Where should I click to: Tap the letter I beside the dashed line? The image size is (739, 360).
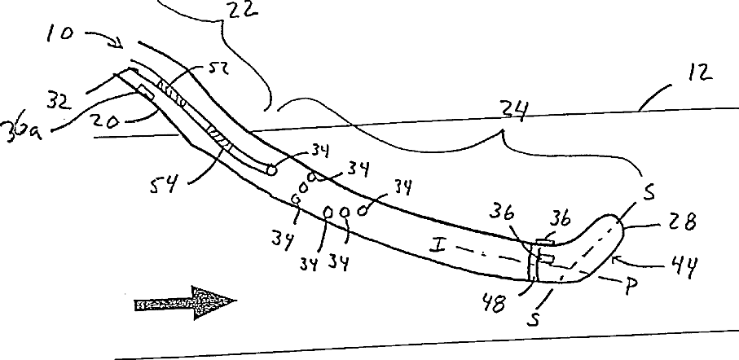437,242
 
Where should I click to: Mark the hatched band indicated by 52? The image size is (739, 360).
172,91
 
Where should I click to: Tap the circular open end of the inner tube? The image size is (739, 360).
270,169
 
